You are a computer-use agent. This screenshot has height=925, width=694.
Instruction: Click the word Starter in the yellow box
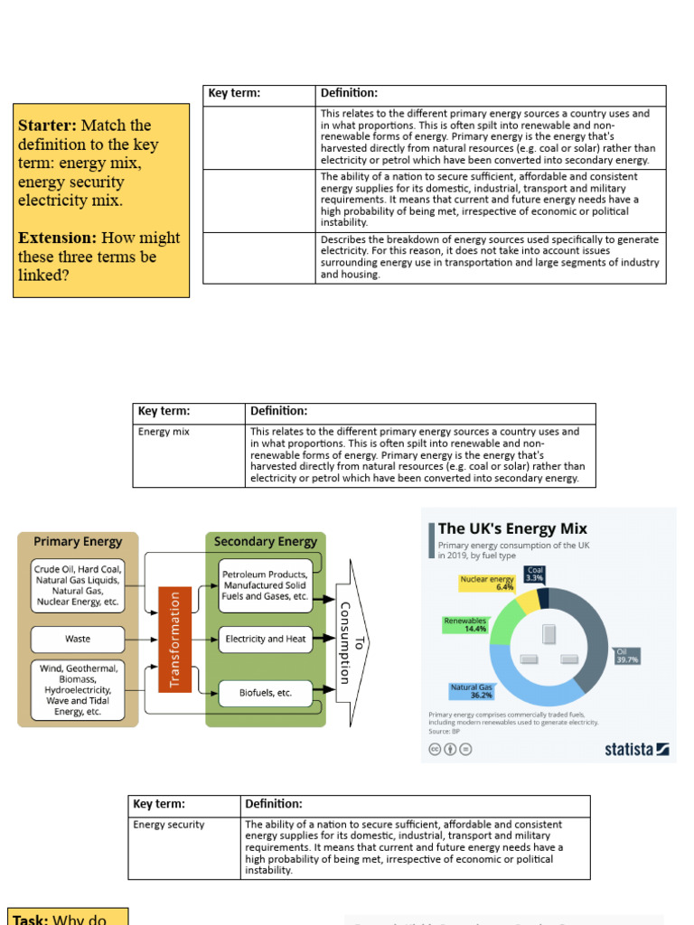(x=46, y=126)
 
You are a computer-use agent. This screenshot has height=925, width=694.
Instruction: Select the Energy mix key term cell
(x=164, y=432)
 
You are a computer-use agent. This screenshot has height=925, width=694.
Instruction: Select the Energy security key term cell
(x=169, y=825)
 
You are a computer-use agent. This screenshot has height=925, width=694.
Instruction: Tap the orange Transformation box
(x=174, y=639)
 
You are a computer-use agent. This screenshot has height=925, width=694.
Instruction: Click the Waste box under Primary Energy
(x=78, y=639)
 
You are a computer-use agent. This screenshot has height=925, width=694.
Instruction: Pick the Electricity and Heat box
(x=266, y=639)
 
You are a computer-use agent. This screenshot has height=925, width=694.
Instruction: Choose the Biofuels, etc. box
(x=266, y=693)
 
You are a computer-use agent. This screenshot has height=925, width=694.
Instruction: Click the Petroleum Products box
(x=266, y=585)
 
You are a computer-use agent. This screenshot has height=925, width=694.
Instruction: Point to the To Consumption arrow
(x=351, y=641)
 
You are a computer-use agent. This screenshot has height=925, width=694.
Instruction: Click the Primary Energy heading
(x=78, y=542)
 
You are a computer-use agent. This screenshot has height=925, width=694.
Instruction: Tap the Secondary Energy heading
(x=266, y=542)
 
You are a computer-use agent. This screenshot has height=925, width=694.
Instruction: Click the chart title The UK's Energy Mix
(x=512, y=528)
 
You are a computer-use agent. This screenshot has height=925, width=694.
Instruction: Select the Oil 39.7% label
(x=626, y=655)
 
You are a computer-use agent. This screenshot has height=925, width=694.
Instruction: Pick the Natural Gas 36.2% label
(x=471, y=691)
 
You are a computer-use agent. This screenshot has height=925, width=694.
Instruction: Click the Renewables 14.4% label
(x=465, y=624)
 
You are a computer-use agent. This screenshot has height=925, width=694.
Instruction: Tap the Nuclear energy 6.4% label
(x=487, y=583)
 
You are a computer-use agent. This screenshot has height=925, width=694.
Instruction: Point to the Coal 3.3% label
(x=535, y=574)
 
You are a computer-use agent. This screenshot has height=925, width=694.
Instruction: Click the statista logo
(x=637, y=748)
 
